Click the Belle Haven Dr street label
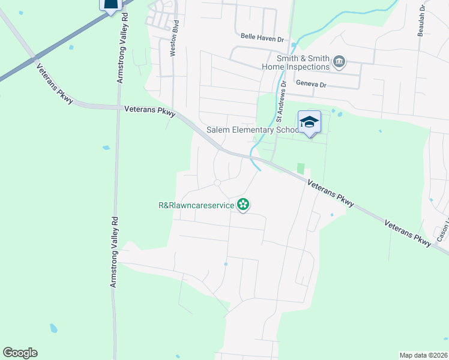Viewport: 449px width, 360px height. pos(261,37)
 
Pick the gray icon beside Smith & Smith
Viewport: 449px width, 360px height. pos(339,62)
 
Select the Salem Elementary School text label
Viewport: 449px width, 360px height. pos(252,130)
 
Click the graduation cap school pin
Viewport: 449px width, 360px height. pos(310,122)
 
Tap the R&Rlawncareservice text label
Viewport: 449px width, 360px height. pos(196,205)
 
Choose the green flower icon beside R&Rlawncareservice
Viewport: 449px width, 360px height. pos(243,205)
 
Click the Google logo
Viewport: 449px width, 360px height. pos(20,353)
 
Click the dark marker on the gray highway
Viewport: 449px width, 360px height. pos(110,5)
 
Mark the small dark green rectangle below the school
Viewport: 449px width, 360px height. pos(301,169)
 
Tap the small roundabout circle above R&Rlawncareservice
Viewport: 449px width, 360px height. pos(217,182)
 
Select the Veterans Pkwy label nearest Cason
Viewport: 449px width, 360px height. pos(408,233)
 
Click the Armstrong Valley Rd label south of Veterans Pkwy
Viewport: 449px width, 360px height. pos(114,251)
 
